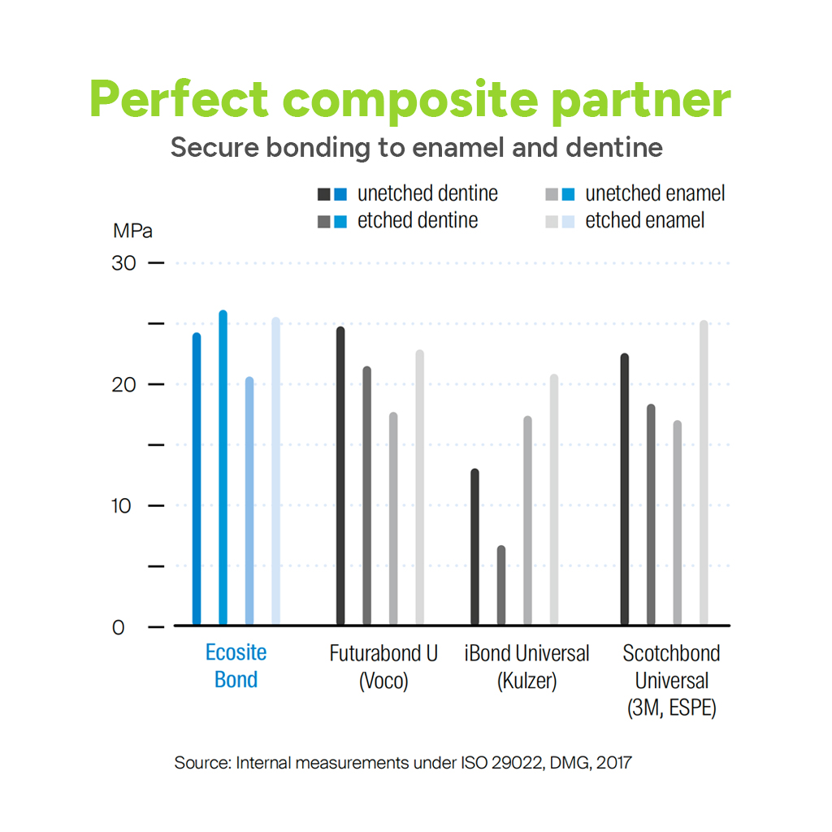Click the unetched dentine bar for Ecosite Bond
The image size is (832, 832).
197,479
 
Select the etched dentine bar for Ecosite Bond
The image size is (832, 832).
223,468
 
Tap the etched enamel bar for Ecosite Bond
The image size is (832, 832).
275,471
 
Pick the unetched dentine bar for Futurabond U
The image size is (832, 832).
340,476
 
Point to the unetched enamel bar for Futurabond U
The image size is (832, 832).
393,519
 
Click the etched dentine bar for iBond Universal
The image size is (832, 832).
500,585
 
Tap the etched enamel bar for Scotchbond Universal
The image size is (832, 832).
704,473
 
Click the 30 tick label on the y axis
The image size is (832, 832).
125,263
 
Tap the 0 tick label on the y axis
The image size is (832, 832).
119,626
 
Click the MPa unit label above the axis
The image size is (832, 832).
132,230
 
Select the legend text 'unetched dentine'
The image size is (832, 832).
427,193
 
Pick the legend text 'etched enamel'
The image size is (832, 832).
644,220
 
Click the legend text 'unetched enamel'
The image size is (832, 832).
655,193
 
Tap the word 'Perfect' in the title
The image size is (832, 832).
178,101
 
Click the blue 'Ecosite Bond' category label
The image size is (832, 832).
236,665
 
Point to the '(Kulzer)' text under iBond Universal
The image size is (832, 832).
526,680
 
